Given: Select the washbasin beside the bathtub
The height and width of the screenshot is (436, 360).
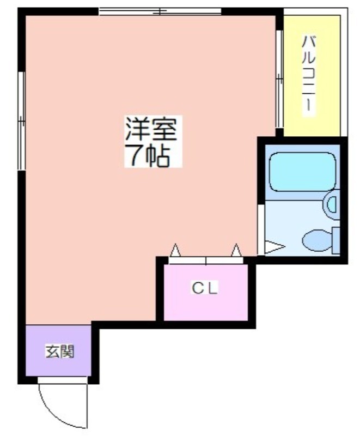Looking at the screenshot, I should (331, 204).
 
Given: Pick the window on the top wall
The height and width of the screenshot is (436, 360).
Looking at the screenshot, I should (160, 11).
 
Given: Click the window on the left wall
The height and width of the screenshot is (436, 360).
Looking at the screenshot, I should (21, 119).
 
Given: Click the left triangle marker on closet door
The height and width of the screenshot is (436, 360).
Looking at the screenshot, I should (175, 251).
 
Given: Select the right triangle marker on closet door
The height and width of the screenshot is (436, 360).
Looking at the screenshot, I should (236, 251).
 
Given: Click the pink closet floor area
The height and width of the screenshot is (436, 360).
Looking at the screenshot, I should (207, 305).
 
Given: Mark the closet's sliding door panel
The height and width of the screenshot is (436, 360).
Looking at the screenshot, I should (206, 260).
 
